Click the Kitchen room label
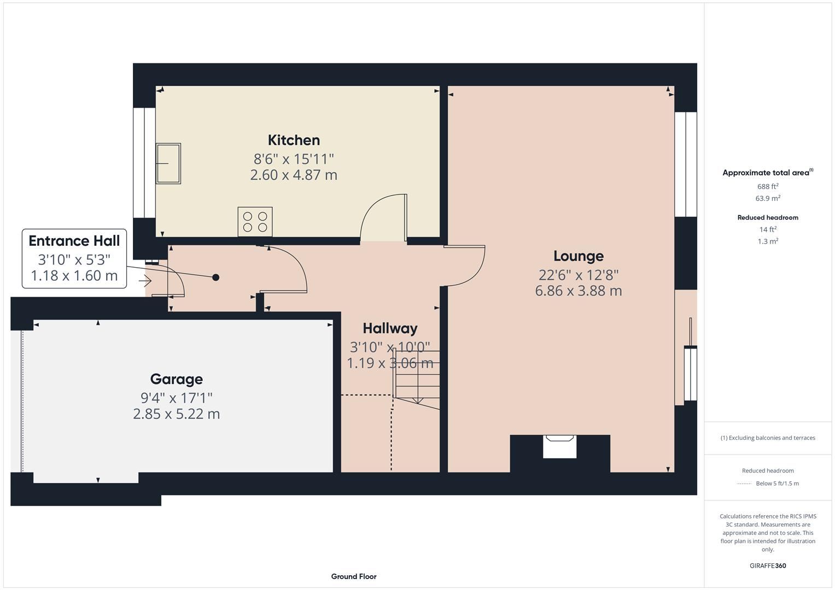294,140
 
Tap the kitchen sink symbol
168,163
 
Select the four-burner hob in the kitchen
255,221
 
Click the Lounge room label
578,256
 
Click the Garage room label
176,379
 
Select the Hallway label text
390,328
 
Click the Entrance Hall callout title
74,241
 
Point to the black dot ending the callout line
215,278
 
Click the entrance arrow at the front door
145,281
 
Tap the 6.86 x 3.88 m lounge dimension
578,291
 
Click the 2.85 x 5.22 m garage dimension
176,414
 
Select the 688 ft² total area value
768,186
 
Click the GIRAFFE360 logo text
768,566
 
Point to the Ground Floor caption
354,576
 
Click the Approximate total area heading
767,173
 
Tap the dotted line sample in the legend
744,483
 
